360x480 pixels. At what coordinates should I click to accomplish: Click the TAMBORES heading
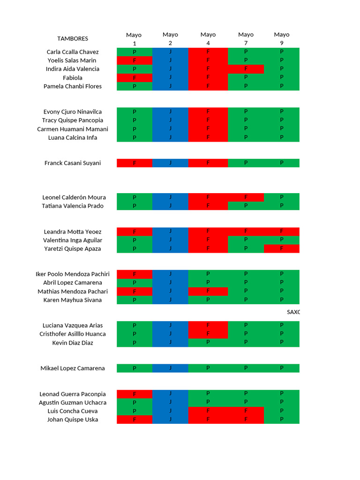coord(73,38)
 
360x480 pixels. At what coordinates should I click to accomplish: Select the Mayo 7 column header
coord(246,38)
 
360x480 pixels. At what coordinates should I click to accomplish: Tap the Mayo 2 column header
coord(170,38)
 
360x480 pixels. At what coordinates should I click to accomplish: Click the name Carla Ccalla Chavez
coord(73,52)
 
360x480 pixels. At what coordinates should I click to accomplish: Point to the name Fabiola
coord(73,78)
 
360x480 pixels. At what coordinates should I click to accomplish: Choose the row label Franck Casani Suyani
coord(73,163)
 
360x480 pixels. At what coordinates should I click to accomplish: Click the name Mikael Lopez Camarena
coord(73,368)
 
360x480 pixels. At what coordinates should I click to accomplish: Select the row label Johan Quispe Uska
coord(73,420)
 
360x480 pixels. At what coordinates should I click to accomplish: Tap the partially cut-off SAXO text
coord(293,312)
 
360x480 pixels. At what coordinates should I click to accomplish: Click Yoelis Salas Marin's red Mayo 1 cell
coord(135,60)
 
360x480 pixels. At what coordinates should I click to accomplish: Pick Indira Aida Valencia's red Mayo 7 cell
coord(246,69)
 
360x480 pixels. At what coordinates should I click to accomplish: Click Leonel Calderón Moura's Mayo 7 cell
coord(246,197)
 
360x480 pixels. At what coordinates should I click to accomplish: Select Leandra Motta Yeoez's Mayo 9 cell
coord(281,232)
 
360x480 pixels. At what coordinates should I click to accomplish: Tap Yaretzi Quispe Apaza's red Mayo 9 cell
coord(281,249)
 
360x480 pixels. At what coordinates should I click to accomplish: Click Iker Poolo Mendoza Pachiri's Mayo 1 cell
coord(135,274)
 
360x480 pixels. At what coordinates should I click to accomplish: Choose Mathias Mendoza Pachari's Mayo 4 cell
coord(208,292)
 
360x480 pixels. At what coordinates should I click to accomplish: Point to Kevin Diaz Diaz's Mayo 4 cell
coord(208,343)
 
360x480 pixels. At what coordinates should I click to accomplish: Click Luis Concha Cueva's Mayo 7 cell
coord(246,411)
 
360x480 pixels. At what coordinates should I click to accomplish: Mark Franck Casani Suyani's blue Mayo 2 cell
coord(170,163)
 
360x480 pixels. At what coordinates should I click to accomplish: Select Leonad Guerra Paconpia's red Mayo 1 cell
coord(135,394)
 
